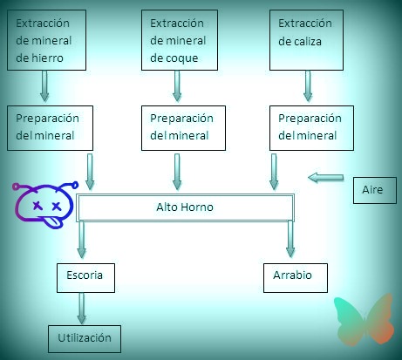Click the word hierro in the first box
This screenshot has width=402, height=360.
47,58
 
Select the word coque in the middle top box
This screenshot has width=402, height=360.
182,58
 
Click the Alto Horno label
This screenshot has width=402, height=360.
185,207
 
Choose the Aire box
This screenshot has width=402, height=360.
375,190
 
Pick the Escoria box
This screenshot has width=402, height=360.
85,278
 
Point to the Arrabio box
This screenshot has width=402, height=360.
296,278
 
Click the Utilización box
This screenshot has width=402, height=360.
85,339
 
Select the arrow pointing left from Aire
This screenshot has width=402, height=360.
325,177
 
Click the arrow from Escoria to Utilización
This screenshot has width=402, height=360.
82,308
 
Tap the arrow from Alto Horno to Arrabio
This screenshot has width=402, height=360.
290,239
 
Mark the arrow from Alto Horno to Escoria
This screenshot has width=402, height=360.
82,240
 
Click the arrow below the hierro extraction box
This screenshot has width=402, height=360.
44,86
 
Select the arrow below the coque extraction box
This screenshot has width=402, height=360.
177,86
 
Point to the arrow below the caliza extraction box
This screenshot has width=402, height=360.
308,86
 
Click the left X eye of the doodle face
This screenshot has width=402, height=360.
37,206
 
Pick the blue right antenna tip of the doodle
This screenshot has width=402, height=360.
75,185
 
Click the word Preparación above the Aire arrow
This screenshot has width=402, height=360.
310,119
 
